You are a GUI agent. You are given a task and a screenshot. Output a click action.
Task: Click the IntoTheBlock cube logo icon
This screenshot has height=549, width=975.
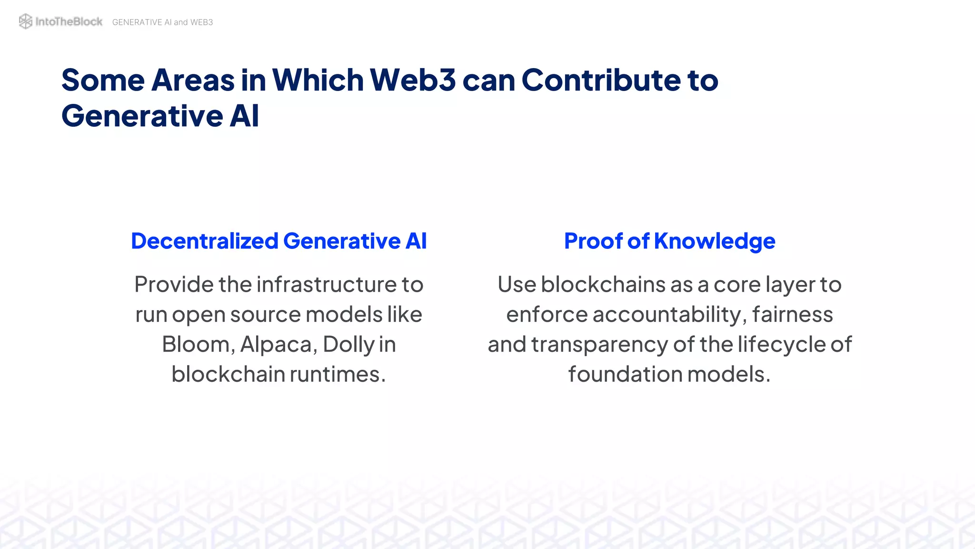pos(25,21)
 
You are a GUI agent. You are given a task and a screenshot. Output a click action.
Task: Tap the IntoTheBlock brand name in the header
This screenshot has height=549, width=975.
pos(69,21)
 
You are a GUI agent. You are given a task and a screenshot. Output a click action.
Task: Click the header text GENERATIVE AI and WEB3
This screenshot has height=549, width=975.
pos(162,22)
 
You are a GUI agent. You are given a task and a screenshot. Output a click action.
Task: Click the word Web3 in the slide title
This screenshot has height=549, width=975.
pos(413,80)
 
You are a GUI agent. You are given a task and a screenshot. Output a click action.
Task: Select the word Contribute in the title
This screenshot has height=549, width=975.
pos(601,80)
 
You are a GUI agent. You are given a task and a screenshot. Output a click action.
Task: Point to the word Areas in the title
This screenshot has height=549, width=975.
pos(193,80)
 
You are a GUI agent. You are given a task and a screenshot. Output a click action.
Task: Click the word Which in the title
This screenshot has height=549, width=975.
pos(318,80)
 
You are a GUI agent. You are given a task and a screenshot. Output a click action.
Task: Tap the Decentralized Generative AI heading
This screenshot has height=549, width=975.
pos(279,241)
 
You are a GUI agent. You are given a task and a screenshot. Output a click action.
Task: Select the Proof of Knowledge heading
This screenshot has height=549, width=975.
pos(669,241)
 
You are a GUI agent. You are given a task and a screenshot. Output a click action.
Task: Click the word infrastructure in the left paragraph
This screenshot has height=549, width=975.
pos(327,285)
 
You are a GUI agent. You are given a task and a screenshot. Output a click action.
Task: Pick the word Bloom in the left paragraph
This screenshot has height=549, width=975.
pos(196,344)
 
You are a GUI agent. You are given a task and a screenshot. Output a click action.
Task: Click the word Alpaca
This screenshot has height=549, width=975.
pos(276,344)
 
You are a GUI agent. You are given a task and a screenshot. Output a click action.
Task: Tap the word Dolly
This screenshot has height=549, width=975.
pos(348,344)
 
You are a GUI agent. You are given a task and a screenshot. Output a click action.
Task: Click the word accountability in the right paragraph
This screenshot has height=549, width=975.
pos(667,315)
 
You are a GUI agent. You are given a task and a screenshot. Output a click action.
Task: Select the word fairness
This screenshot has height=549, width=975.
pos(793,315)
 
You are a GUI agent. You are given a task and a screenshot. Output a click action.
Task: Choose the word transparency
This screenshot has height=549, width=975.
pos(599,345)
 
